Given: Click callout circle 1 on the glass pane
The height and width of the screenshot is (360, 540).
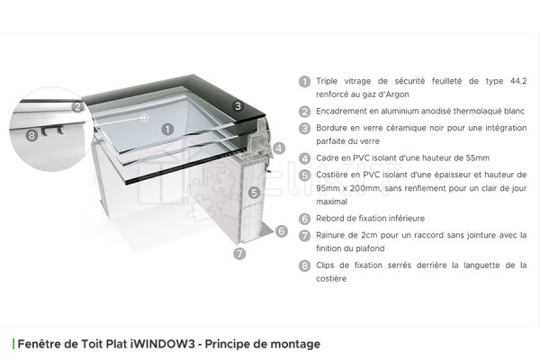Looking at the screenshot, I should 167,129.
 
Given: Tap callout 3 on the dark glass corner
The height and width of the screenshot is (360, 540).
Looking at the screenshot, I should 237,106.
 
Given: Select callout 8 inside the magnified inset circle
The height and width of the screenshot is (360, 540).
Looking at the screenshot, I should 31,135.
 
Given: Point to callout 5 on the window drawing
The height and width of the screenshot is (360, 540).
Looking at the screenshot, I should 255,192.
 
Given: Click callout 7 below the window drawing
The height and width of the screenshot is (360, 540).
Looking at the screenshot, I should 238,254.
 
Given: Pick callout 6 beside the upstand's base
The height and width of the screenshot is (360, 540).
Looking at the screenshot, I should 281,231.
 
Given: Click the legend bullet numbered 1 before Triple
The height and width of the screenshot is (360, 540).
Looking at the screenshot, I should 305,80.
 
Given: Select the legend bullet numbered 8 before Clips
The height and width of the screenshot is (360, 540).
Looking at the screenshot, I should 305,266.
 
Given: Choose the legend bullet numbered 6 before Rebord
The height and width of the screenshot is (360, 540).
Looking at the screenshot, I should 305,219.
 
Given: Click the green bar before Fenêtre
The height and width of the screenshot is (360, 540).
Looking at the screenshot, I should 13,344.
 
